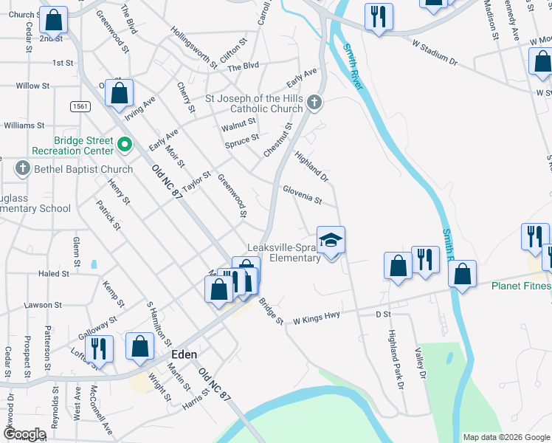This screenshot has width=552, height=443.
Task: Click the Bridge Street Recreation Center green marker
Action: [x=124, y=145]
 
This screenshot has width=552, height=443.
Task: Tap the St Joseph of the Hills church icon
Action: [x=314, y=102]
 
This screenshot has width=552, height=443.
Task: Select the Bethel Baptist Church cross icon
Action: [x=21, y=169]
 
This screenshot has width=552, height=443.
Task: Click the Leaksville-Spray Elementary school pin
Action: [x=331, y=241]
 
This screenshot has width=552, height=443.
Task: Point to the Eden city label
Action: [x=184, y=354]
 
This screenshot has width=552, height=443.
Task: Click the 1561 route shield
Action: [x=82, y=107]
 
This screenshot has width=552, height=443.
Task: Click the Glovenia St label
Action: [x=303, y=195]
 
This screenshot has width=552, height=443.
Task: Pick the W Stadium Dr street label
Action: [x=435, y=55]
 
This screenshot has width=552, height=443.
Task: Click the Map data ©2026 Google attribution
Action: [x=506, y=437]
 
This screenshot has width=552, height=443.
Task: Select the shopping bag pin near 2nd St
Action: [x=53, y=21]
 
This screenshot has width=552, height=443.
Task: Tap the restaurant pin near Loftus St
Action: [x=97, y=349]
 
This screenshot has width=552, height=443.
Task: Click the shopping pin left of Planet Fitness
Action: [x=462, y=275]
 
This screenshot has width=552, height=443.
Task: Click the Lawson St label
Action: [x=42, y=305]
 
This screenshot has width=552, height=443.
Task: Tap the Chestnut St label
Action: [x=278, y=140]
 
